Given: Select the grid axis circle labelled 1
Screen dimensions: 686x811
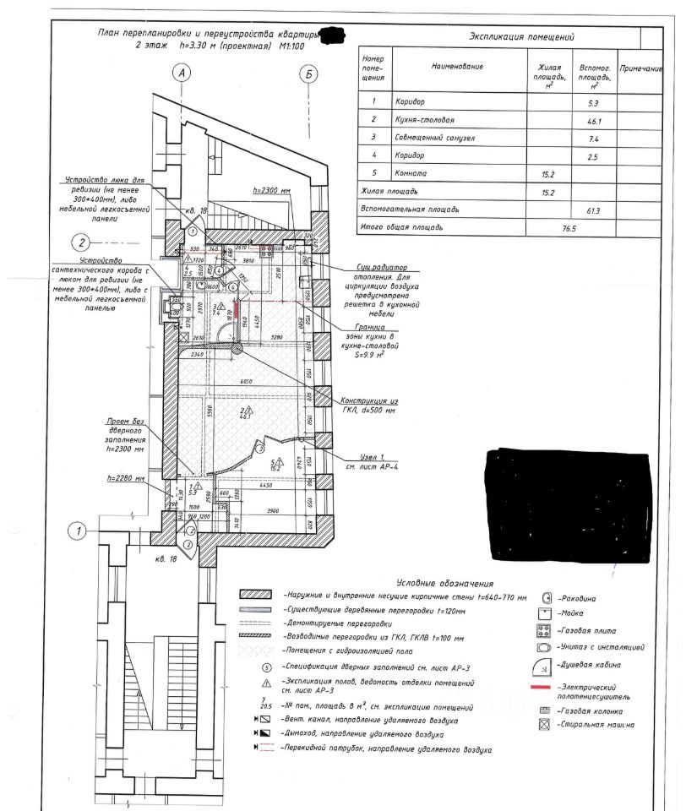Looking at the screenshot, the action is point(77,531).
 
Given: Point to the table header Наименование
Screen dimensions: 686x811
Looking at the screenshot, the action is point(456,66).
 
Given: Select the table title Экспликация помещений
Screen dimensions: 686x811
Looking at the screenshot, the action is point(521,37).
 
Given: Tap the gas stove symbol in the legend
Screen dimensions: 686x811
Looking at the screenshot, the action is point(546,631).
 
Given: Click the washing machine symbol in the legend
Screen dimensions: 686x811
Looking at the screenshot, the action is point(546,724).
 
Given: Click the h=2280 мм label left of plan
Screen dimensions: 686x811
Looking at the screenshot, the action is point(128,478).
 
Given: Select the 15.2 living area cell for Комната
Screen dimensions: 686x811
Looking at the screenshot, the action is point(547,175).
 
